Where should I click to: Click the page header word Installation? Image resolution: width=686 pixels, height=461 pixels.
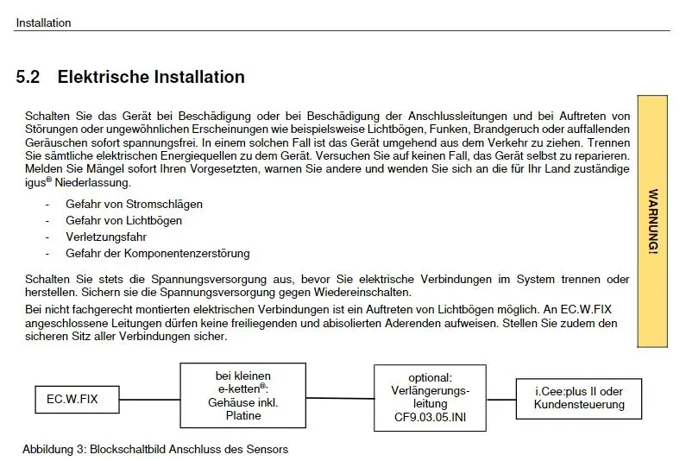tap(43, 23)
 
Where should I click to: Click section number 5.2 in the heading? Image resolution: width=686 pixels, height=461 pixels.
tap(28, 78)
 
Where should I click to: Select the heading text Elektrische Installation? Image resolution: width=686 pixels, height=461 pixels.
tap(151, 78)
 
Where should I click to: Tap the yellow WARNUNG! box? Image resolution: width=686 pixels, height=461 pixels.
tap(651, 221)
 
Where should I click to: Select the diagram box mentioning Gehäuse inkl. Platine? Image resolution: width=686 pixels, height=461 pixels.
tap(242, 395)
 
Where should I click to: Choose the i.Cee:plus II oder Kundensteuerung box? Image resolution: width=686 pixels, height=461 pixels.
tap(579, 398)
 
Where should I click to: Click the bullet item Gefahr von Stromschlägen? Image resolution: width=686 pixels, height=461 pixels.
tap(134, 205)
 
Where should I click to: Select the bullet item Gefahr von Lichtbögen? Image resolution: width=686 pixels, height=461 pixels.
tap(123, 221)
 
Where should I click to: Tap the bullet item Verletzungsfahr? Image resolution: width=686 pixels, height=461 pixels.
tap(106, 237)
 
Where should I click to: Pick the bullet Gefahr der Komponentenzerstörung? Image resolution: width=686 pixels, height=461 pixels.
tap(157, 253)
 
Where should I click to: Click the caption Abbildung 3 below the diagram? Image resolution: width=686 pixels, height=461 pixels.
tap(155, 449)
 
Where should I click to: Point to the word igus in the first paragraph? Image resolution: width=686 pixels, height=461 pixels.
tap(35, 183)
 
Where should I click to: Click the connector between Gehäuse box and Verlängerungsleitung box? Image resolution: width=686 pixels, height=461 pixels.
tap(340, 398)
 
